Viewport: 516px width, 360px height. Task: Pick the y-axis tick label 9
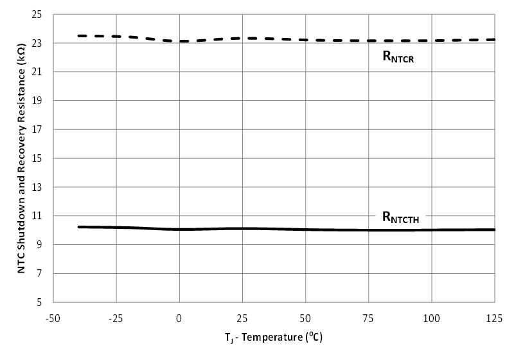44,245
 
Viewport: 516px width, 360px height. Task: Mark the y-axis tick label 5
44,302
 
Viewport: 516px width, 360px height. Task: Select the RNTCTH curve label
401,217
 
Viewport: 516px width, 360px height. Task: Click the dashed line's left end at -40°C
78,36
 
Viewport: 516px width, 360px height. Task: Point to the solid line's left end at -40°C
78,227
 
